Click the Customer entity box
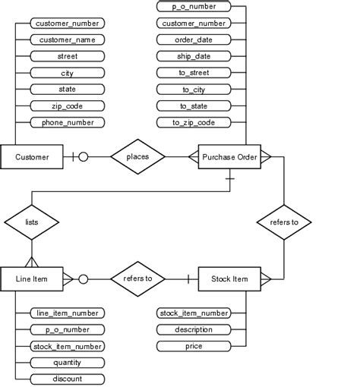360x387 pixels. (33, 157)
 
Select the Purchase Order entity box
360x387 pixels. (229, 157)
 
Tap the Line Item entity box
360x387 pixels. (32, 279)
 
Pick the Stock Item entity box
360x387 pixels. (229, 279)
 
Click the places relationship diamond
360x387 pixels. (137, 157)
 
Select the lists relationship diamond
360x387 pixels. (32, 222)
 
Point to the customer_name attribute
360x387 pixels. (68, 39)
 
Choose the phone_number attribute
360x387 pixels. (68, 122)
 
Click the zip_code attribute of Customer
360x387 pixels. (68, 105)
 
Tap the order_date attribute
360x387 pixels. (194, 39)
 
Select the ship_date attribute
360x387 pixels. (194, 56)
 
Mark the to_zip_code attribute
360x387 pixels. (194, 122)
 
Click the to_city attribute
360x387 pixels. (194, 89)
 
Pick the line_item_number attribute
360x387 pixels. (68, 313)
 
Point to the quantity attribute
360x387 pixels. (68, 362)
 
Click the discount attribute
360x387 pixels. (68, 379)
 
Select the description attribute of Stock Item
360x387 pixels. (194, 329)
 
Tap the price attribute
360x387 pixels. (194, 346)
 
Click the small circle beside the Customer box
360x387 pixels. (83, 157)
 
